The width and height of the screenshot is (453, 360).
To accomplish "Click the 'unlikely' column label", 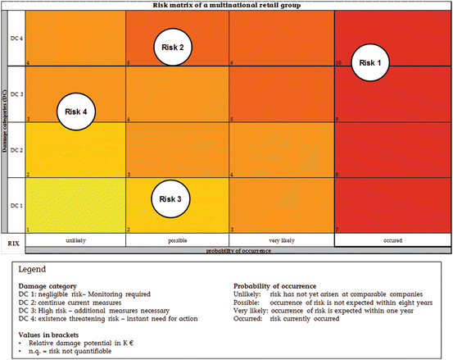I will tap(75, 239).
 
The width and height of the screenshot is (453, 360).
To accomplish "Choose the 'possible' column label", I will tap(177, 239).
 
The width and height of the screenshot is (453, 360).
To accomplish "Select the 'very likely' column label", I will tap(282, 239).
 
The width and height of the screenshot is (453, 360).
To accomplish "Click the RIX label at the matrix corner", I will tap(13, 243).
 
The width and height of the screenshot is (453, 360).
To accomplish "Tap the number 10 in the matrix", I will tap(340, 63).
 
